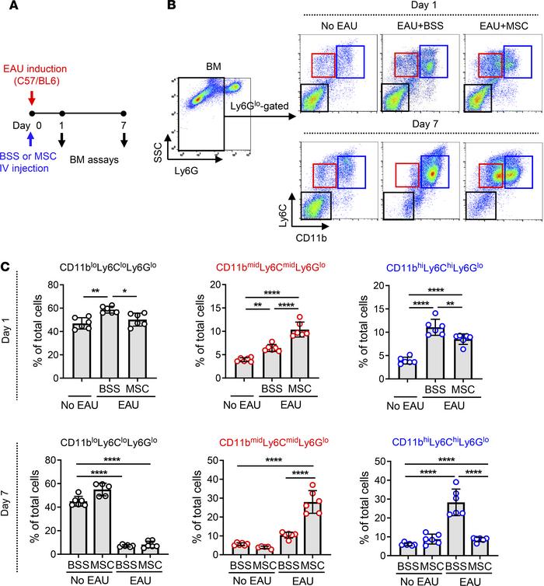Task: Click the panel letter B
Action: point(173,8)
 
